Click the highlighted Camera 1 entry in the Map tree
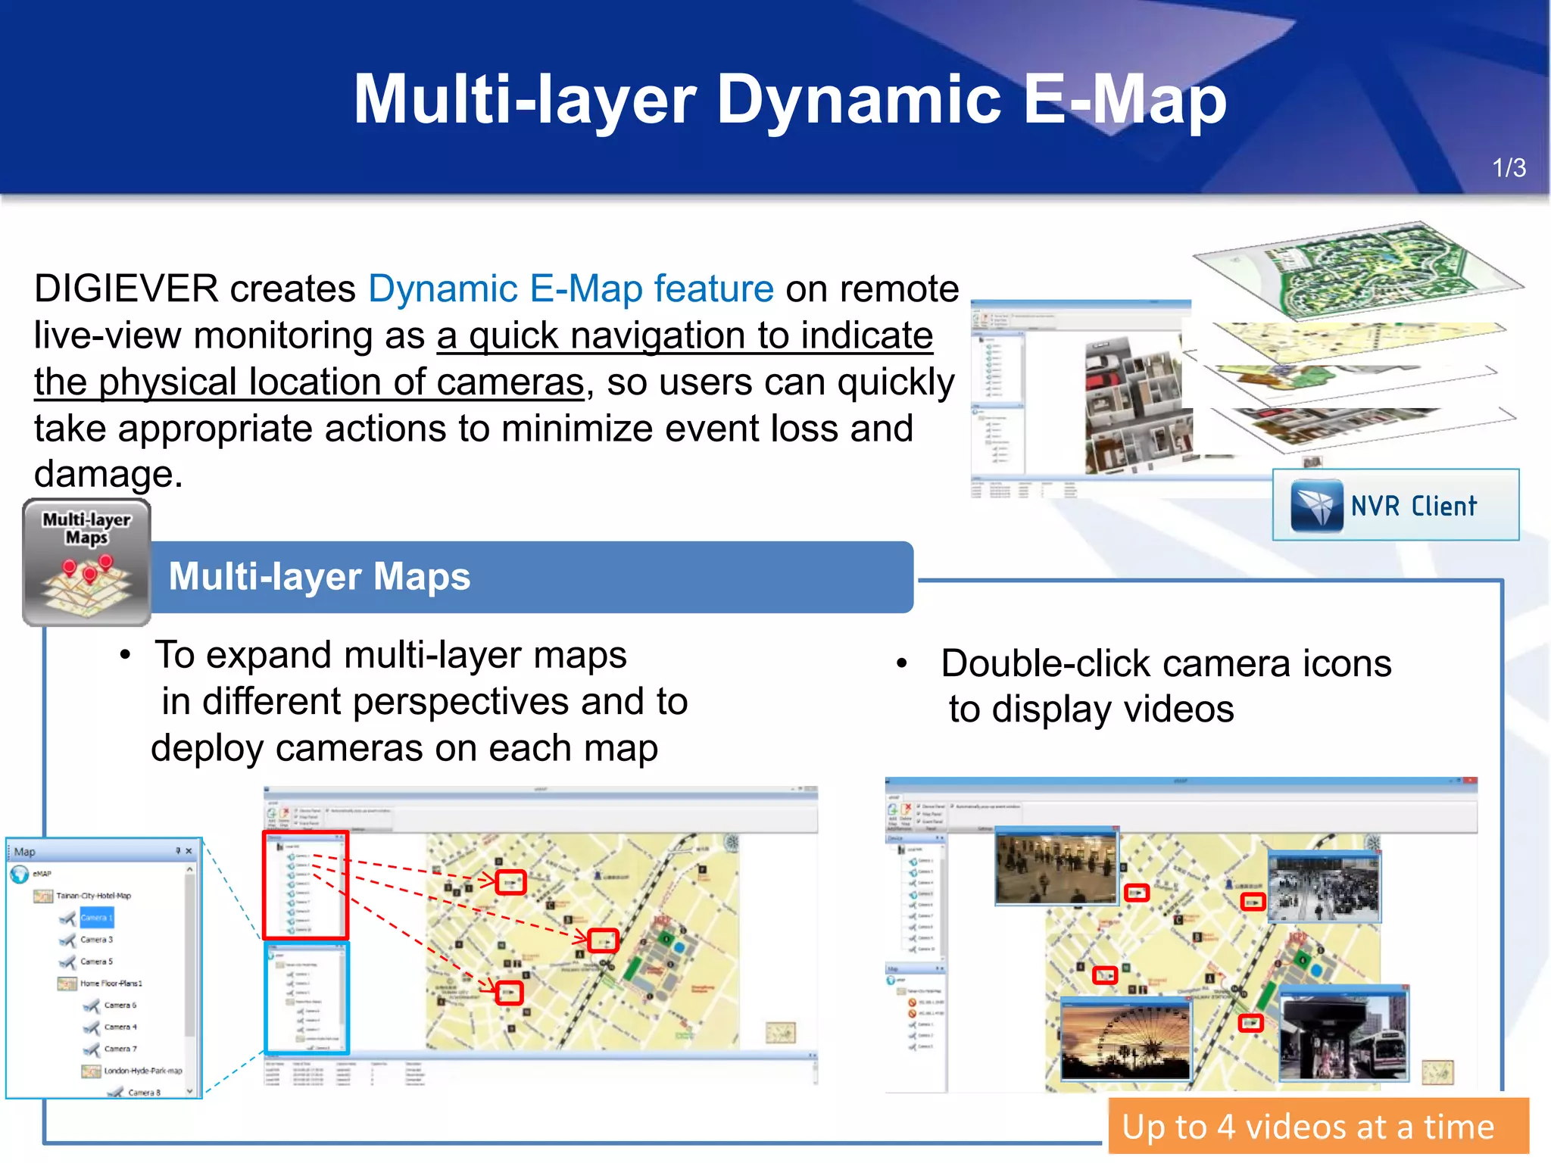coord(96,918)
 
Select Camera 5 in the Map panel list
coord(96,962)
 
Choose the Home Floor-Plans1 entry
coord(111,984)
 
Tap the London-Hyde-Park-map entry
coord(142,1071)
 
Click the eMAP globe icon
coord(20,874)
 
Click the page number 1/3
coord(1508,168)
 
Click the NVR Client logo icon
coord(1317,505)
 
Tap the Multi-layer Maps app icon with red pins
coord(86,563)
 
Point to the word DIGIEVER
coord(126,289)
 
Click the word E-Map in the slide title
coord(1124,100)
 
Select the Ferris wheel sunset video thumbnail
coord(1125,1039)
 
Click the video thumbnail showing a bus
coord(1343,1034)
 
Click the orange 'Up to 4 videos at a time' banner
coord(1318,1127)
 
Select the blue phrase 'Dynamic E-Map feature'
coord(571,289)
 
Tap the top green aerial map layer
coord(1356,270)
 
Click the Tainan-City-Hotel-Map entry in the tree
coord(93,896)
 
